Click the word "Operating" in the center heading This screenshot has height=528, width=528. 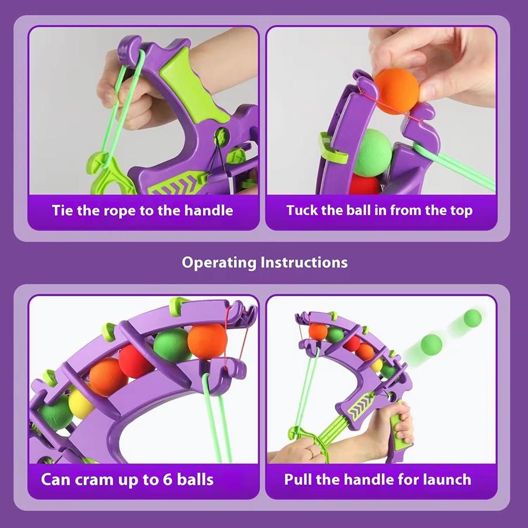(219, 263)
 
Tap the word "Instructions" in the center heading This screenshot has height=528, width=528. (304, 262)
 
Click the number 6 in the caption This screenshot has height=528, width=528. (167, 479)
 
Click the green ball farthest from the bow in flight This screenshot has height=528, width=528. (472, 318)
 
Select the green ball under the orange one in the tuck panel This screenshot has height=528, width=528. (373, 153)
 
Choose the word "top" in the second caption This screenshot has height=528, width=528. (461, 211)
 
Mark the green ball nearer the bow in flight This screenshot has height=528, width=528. (431, 344)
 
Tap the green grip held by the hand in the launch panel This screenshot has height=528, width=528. (398, 428)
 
